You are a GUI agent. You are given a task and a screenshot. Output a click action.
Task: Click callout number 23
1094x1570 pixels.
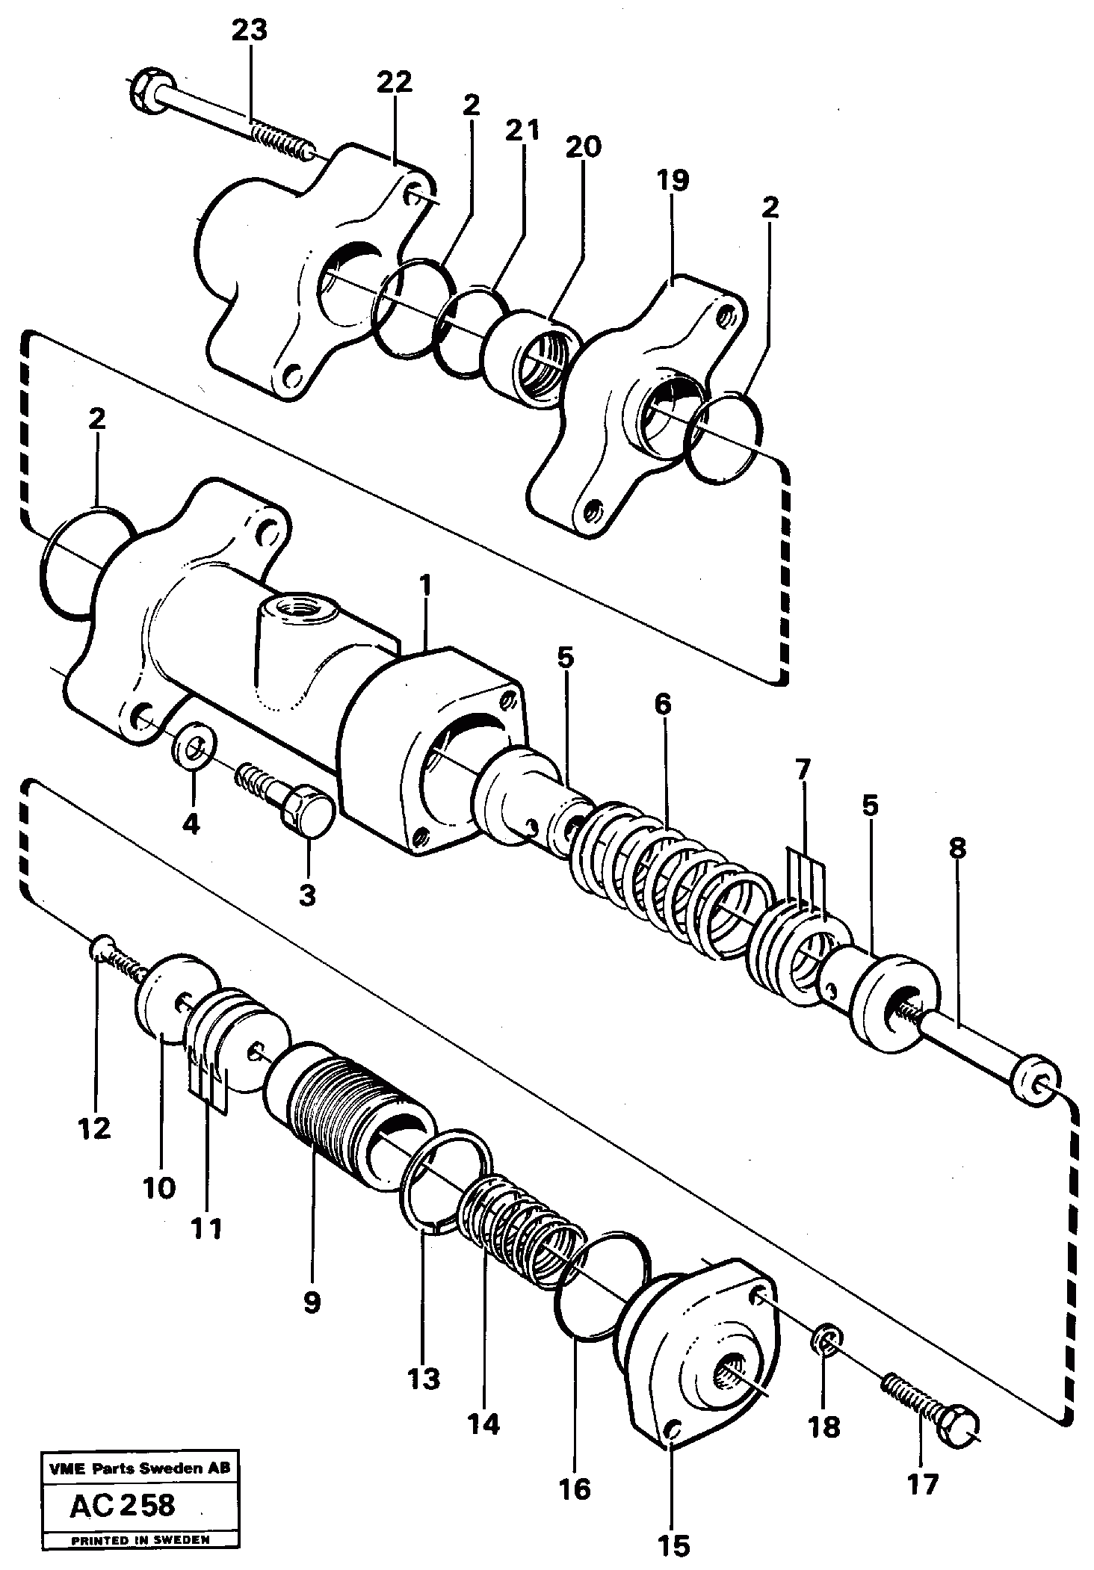coord(249,31)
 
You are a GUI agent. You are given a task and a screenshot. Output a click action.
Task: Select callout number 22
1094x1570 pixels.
coord(394,82)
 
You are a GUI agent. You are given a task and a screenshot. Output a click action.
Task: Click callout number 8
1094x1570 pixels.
coord(957,849)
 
